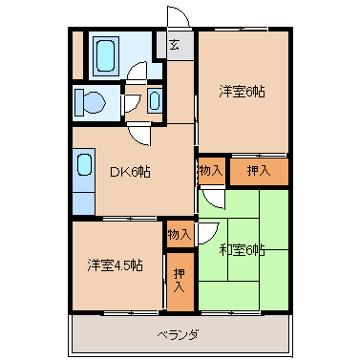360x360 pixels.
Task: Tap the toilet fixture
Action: click(x=92, y=102)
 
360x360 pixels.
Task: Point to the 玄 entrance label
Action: click(x=175, y=44)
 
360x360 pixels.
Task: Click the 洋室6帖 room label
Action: click(x=242, y=93)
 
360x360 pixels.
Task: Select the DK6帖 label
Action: click(x=131, y=171)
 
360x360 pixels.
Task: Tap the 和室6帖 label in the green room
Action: click(x=242, y=250)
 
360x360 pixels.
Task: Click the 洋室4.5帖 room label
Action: click(x=116, y=265)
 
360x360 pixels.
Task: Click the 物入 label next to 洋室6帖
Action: click(x=211, y=171)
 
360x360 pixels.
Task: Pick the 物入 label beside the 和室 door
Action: click(x=180, y=233)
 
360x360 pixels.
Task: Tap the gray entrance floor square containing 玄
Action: click(x=176, y=45)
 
